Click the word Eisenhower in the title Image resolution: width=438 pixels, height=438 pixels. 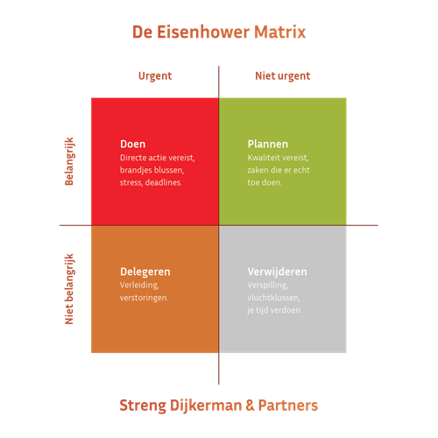(203, 32)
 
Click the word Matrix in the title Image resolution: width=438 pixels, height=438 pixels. (280, 32)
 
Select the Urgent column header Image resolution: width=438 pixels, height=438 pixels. (155, 76)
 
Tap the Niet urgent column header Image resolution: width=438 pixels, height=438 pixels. (282, 76)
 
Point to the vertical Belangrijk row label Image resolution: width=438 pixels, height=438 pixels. (69, 161)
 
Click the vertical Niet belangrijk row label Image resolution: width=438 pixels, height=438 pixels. (69, 289)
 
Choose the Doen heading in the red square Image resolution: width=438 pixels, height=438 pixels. (133, 144)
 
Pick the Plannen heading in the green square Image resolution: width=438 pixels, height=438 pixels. (268, 144)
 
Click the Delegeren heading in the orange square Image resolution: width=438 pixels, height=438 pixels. (145, 272)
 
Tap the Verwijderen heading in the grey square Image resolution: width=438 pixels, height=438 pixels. (277, 272)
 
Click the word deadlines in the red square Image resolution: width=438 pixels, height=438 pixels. (164, 182)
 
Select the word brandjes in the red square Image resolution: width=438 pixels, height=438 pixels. (134, 170)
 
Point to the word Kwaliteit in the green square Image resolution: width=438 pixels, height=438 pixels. (263, 158)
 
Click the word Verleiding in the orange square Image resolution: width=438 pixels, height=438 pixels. (139, 285)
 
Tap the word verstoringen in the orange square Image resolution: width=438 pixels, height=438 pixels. (144, 298)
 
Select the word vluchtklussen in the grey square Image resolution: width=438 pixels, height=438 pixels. (273, 298)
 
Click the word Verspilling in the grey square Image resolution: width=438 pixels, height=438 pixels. (267, 285)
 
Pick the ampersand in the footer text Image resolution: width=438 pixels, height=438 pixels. (250, 406)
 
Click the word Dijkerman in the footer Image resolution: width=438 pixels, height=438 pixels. (206, 406)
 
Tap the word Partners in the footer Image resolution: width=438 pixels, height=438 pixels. (288, 406)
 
